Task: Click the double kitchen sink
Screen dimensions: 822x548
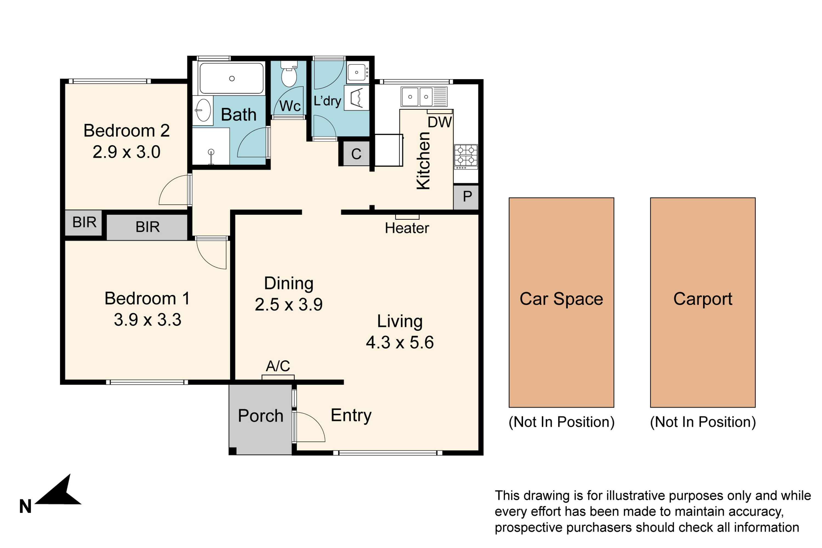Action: pyautogui.click(x=424, y=96)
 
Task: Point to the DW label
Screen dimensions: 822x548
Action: pyautogui.click(x=440, y=122)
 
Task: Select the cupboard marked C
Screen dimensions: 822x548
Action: pyautogui.click(x=356, y=154)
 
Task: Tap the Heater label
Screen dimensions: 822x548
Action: pyautogui.click(x=407, y=228)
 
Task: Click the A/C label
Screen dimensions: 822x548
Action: pyautogui.click(x=278, y=366)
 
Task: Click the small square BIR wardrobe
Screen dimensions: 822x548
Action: pyautogui.click(x=84, y=222)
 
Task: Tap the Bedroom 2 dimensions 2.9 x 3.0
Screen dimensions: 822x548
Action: pyautogui.click(x=127, y=152)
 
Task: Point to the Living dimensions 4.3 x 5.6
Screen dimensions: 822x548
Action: pyautogui.click(x=400, y=342)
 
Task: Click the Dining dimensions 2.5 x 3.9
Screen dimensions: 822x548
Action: pyautogui.click(x=289, y=305)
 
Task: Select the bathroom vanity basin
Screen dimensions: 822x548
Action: pyautogui.click(x=203, y=110)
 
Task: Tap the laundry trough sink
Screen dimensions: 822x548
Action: pyautogui.click(x=357, y=72)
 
